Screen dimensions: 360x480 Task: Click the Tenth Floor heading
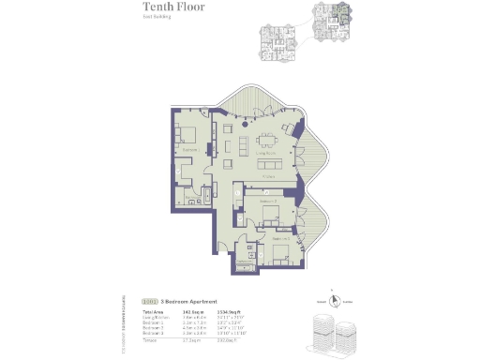point(173,16)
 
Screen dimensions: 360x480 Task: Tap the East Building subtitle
point(155,30)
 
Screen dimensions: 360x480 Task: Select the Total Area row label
point(152,311)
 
